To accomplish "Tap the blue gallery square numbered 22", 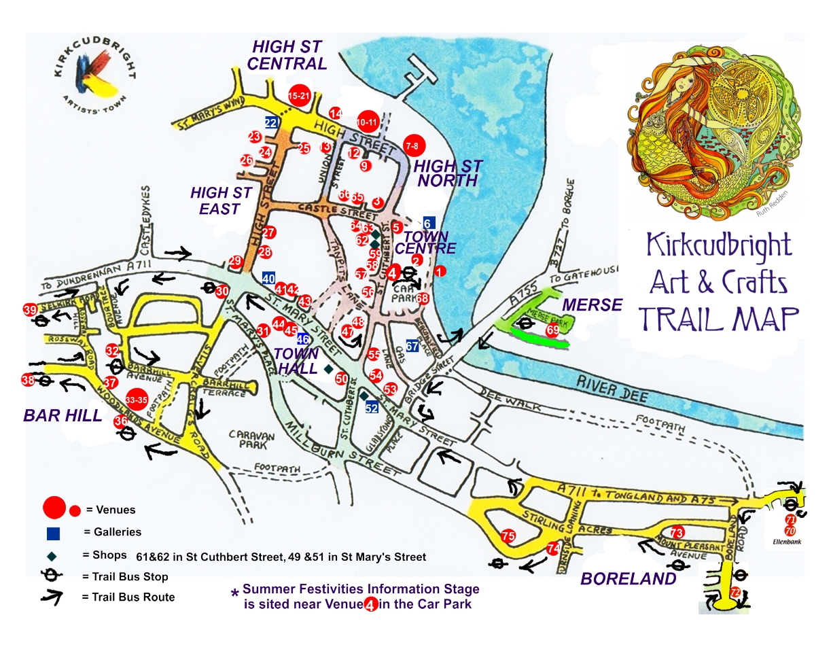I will pos(271,122).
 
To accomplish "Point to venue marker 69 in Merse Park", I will pos(552,330).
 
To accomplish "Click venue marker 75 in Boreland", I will pos(508,536).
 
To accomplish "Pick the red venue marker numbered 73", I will pos(676,532).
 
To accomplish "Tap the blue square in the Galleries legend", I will pos(54,532).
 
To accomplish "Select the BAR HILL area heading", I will pos(63,416).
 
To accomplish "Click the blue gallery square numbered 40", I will pos(268,278).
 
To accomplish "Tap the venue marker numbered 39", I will pos(30,310).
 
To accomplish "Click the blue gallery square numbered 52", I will pos(372,408).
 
